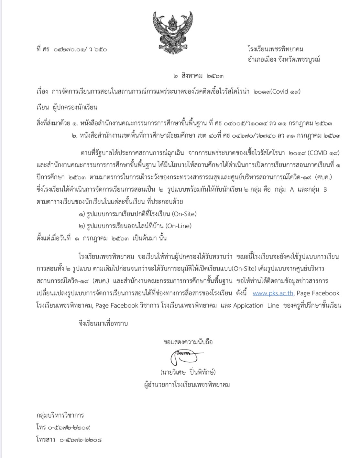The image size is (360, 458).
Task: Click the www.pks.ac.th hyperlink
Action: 273,293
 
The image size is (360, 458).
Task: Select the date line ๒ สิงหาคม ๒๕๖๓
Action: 198,76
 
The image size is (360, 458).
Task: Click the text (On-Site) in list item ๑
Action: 184,214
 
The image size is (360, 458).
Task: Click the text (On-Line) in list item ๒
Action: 179,226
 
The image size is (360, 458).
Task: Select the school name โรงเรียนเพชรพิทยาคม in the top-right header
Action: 275,49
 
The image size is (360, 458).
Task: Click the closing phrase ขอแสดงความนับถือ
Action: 188,342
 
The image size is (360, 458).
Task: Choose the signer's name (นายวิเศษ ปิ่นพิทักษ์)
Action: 188,372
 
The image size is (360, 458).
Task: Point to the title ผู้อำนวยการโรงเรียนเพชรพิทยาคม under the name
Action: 187,385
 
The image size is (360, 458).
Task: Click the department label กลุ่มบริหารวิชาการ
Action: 60,415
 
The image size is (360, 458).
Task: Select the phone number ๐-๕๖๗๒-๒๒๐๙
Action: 69,427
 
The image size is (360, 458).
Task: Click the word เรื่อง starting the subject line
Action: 42,92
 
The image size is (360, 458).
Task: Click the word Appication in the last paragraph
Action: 248,306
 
